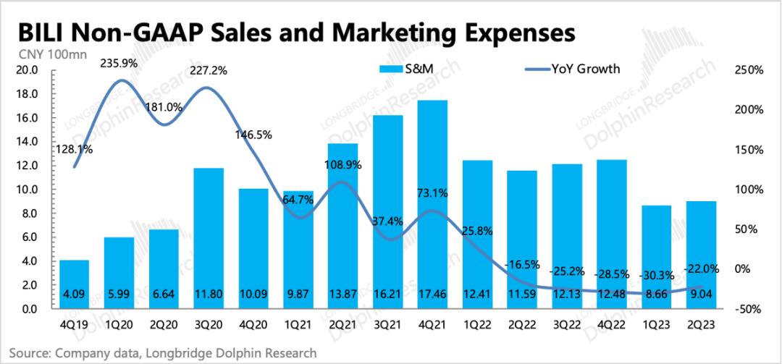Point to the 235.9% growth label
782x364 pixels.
click(118, 63)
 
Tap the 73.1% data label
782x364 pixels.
click(432, 193)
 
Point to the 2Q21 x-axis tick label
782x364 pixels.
click(344, 326)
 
